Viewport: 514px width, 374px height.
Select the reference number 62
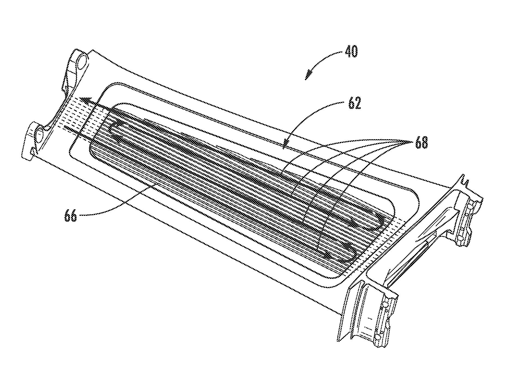point(353,103)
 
